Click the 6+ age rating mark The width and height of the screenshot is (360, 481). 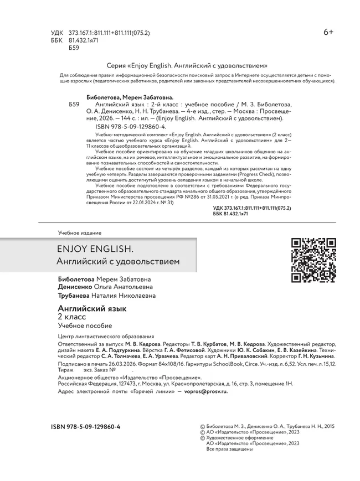[328, 33]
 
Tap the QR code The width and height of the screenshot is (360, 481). [313, 260]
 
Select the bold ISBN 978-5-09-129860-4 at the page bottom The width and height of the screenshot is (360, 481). [85, 427]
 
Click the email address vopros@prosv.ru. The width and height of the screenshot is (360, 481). [203, 391]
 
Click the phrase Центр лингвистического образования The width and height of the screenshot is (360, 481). [106, 336]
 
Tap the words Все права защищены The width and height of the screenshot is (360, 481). [225, 449]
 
